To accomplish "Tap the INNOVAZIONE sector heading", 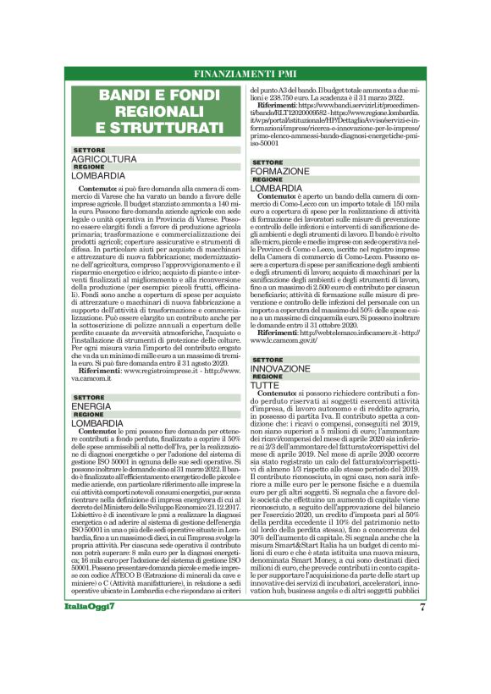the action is tap(286, 368).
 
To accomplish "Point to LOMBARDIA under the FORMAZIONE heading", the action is tap(277, 188).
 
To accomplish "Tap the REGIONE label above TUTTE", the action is tap(268, 377).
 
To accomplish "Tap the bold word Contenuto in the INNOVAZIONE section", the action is tap(284, 394).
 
